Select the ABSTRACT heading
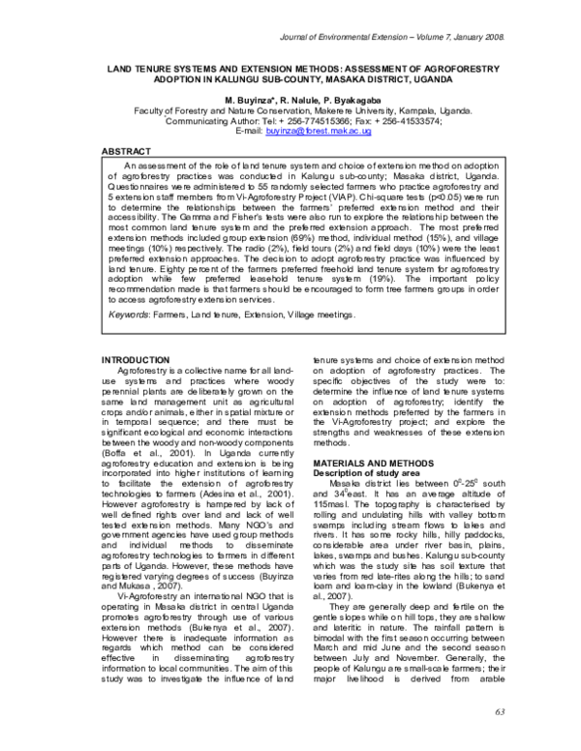[127, 152]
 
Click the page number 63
[501, 712]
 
